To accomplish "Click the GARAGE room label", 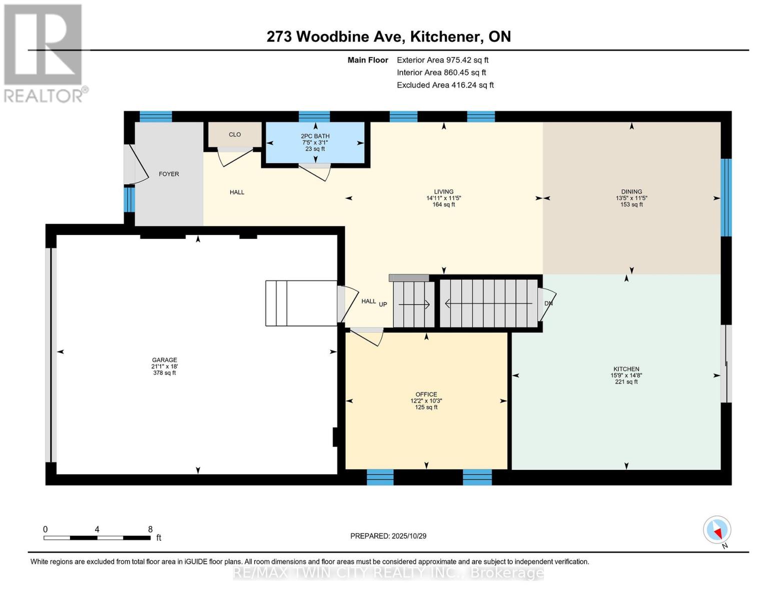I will (165, 360).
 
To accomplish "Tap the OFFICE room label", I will (426, 395).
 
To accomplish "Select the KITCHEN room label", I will (626, 369).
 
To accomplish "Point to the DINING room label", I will (631, 192).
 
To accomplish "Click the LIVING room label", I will (444, 192).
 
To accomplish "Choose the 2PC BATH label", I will (315, 136).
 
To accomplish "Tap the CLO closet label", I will (235, 135).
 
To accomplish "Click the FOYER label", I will (169, 174).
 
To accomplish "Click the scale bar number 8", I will (150, 529).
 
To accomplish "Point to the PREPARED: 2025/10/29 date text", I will (388, 536).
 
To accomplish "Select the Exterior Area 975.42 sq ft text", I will (442, 60).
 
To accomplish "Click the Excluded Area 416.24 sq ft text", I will (445, 85).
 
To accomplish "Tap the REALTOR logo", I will (44, 53).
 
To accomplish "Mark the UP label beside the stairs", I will (383, 305).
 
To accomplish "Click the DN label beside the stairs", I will (548, 304).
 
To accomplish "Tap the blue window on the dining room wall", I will (726, 197).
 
